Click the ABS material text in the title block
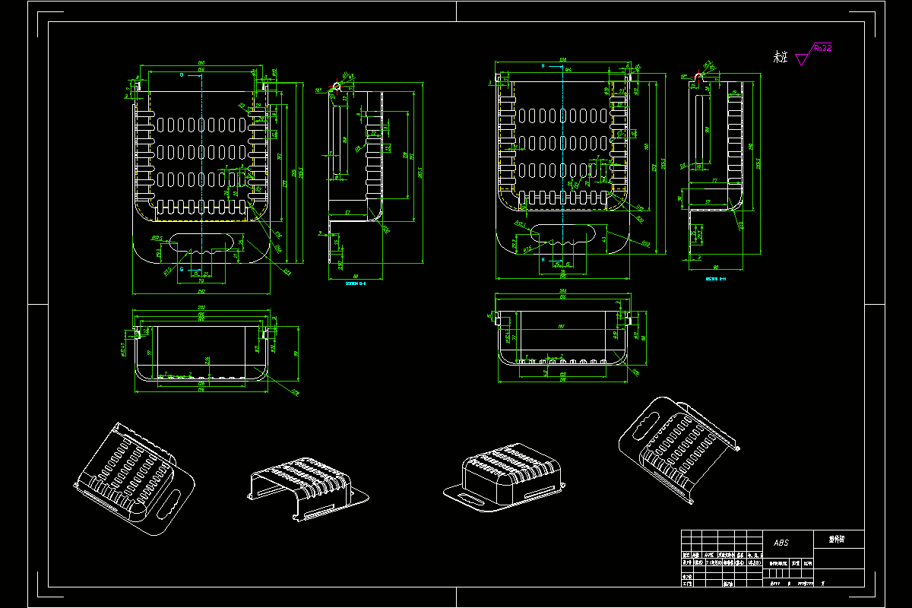point(781,543)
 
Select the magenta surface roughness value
point(822,48)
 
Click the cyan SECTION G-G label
point(356,283)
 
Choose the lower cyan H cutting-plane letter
point(543,259)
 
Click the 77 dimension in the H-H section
point(715,181)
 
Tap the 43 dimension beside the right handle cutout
point(604,239)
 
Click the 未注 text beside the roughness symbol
point(780,57)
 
